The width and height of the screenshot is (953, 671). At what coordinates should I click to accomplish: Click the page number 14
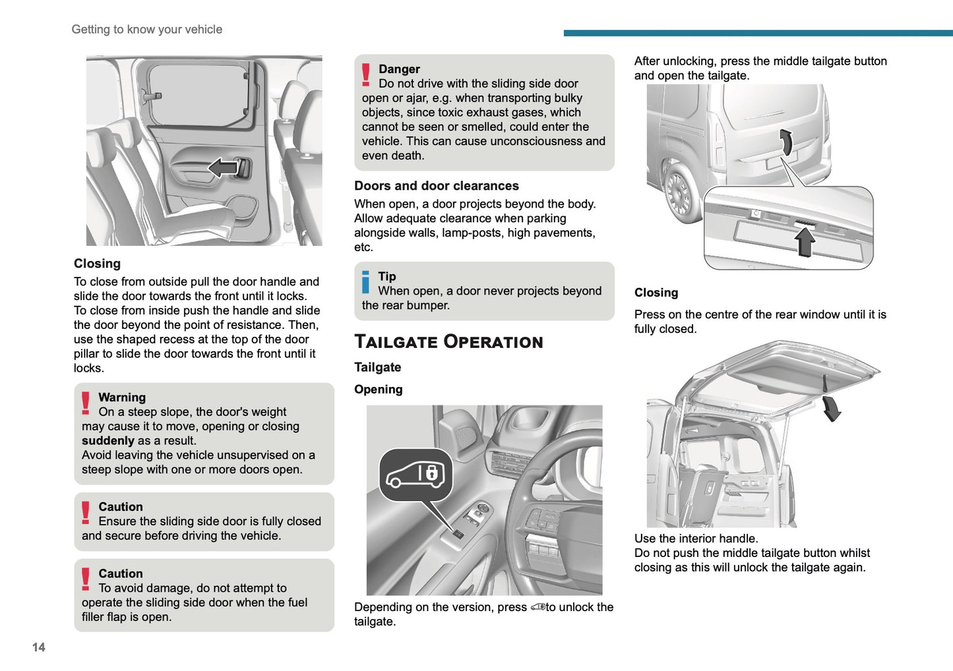point(39,647)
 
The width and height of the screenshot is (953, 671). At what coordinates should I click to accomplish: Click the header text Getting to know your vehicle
point(146,30)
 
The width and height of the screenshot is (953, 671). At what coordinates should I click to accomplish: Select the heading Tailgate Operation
point(448,341)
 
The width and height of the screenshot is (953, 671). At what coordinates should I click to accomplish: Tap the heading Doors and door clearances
point(436,186)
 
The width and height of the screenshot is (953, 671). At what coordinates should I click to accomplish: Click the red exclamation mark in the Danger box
point(366,74)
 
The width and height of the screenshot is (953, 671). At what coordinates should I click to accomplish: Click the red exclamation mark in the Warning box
point(86,403)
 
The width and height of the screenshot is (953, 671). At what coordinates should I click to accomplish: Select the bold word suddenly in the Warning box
point(108,441)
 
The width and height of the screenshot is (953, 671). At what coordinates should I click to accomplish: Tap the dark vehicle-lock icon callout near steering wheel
point(415,475)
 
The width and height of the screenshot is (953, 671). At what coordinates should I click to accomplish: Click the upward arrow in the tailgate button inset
point(805,241)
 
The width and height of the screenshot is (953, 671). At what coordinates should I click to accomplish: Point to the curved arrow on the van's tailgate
point(785,142)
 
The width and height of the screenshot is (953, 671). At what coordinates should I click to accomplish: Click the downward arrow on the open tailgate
point(832,408)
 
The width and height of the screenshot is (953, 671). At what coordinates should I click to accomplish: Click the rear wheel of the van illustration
point(679,193)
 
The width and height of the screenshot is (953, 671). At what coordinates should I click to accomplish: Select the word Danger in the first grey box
point(399,69)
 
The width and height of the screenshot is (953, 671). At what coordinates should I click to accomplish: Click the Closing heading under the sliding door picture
point(97,264)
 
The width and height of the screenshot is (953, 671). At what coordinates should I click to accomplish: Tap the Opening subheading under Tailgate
point(378,390)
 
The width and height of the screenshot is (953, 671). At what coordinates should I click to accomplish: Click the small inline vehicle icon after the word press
point(538,607)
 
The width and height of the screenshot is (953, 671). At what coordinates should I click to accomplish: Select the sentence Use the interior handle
point(696,539)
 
